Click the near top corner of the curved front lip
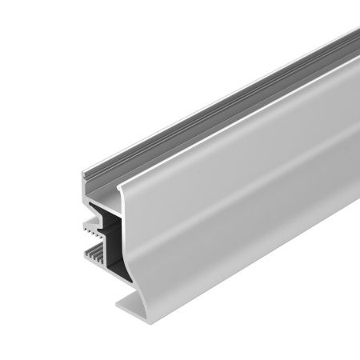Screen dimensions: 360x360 121,187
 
